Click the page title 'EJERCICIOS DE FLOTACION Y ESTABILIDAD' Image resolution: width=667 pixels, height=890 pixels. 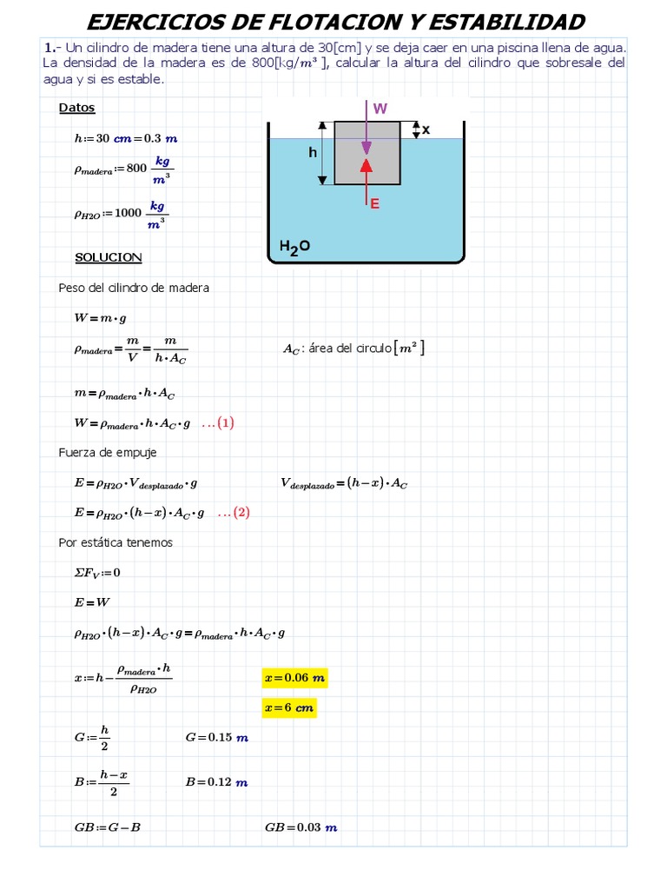(x=336, y=22)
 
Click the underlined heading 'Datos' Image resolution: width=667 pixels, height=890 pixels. (x=77, y=109)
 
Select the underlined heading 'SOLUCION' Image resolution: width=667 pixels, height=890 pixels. (x=109, y=258)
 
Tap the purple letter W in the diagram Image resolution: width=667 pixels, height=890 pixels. (x=380, y=109)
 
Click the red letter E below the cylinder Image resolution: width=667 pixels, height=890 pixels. (x=375, y=203)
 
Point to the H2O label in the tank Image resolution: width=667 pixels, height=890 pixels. (x=294, y=248)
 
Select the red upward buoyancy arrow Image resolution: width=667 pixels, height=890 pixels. (x=367, y=178)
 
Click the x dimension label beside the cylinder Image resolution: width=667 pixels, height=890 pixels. (x=426, y=130)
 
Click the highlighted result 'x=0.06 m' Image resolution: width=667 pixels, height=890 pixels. (x=294, y=678)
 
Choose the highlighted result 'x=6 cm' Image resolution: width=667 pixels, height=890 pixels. (x=288, y=708)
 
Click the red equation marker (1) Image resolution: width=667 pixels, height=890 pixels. (x=218, y=423)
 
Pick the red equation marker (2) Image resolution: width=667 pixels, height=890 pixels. (x=233, y=513)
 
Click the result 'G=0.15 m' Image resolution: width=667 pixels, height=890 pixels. (x=217, y=738)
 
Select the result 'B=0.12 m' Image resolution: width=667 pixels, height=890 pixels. (x=216, y=782)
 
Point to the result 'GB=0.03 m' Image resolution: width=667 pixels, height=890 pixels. (x=300, y=827)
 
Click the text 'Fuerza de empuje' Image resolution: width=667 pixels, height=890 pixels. (x=108, y=453)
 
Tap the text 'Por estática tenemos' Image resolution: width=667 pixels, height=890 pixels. (x=116, y=542)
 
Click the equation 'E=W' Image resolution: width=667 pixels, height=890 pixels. (x=92, y=602)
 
